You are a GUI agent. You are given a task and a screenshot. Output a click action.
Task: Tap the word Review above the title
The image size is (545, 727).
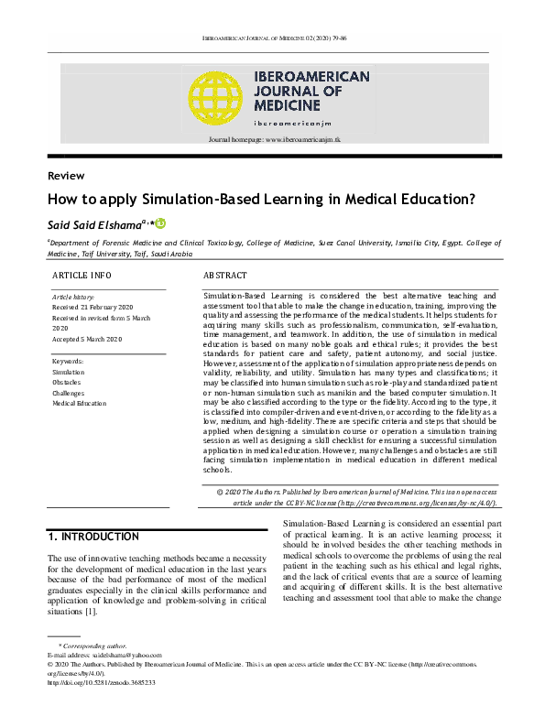65,176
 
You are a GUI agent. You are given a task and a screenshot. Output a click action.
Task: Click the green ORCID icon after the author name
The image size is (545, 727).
160,222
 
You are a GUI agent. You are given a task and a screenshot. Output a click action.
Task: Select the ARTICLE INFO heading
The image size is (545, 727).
82,275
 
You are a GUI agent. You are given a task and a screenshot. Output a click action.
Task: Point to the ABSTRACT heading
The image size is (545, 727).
224,275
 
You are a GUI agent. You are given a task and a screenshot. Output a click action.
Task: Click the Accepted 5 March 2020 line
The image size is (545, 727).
87,339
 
